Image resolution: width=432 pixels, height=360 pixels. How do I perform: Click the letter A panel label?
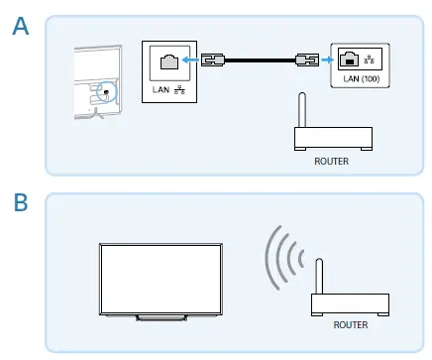(x=20, y=28)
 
